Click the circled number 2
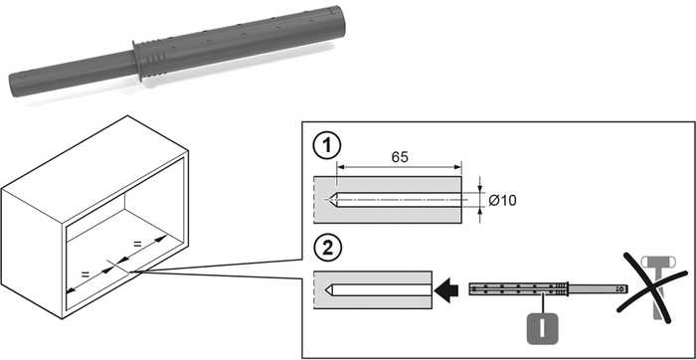[x=327, y=249]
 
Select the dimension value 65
[x=400, y=157]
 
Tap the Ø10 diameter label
[x=502, y=200]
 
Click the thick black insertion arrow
[x=446, y=290]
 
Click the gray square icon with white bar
[x=542, y=328]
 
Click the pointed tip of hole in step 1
[x=328, y=200]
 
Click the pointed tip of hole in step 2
[x=327, y=289]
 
